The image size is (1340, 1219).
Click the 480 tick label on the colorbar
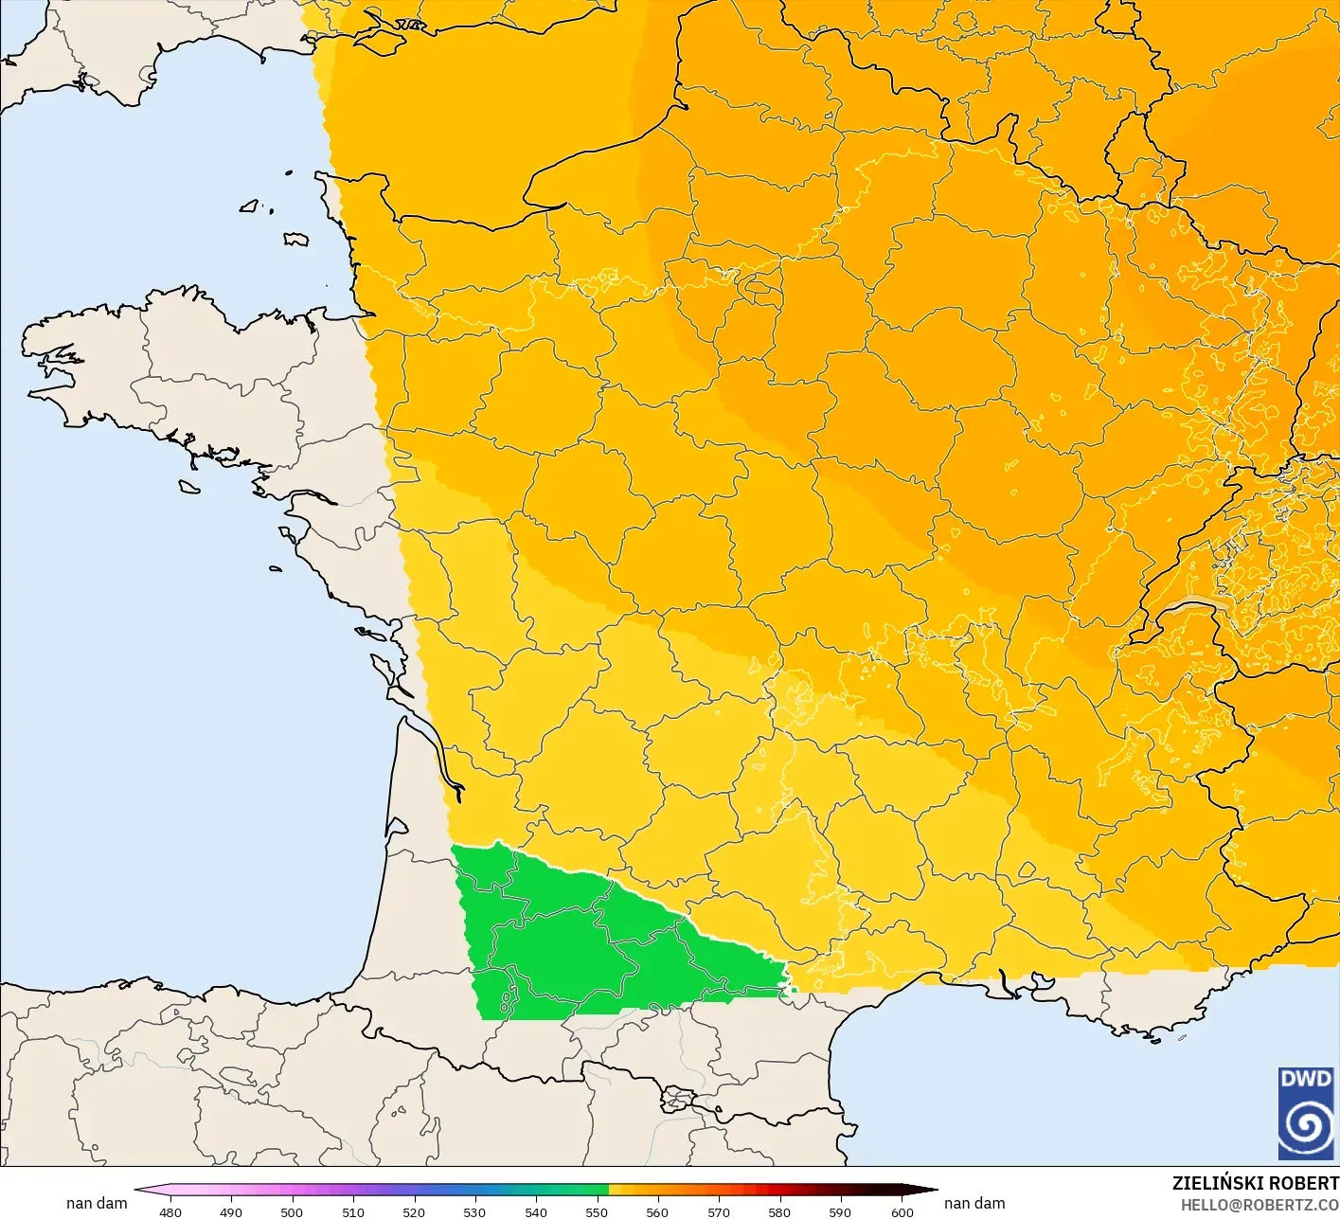pyautogui.click(x=170, y=1212)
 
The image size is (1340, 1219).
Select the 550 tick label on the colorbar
pyautogui.click(x=597, y=1212)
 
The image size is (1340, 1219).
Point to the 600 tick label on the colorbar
pyautogui.click(x=902, y=1212)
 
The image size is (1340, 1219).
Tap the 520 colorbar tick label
pyautogui.click(x=414, y=1212)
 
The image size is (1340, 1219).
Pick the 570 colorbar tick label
pyautogui.click(x=719, y=1212)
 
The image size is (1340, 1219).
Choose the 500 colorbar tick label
pyautogui.click(x=292, y=1212)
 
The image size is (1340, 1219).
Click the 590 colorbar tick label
pyautogui.click(x=840, y=1212)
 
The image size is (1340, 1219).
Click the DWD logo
pyautogui.click(x=1305, y=1113)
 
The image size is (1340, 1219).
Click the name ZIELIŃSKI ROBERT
pyautogui.click(x=1255, y=1183)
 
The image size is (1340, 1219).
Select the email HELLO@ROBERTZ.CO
pyautogui.click(x=1260, y=1205)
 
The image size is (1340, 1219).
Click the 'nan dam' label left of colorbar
pyautogui.click(x=97, y=1203)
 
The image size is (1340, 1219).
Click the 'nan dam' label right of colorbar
pyautogui.click(x=974, y=1203)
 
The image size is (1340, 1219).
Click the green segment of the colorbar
pyautogui.click(x=568, y=1190)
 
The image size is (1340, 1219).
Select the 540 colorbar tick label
pyautogui.click(x=536, y=1212)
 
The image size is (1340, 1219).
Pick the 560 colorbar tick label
pyautogui.click(x=657, y=1212)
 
